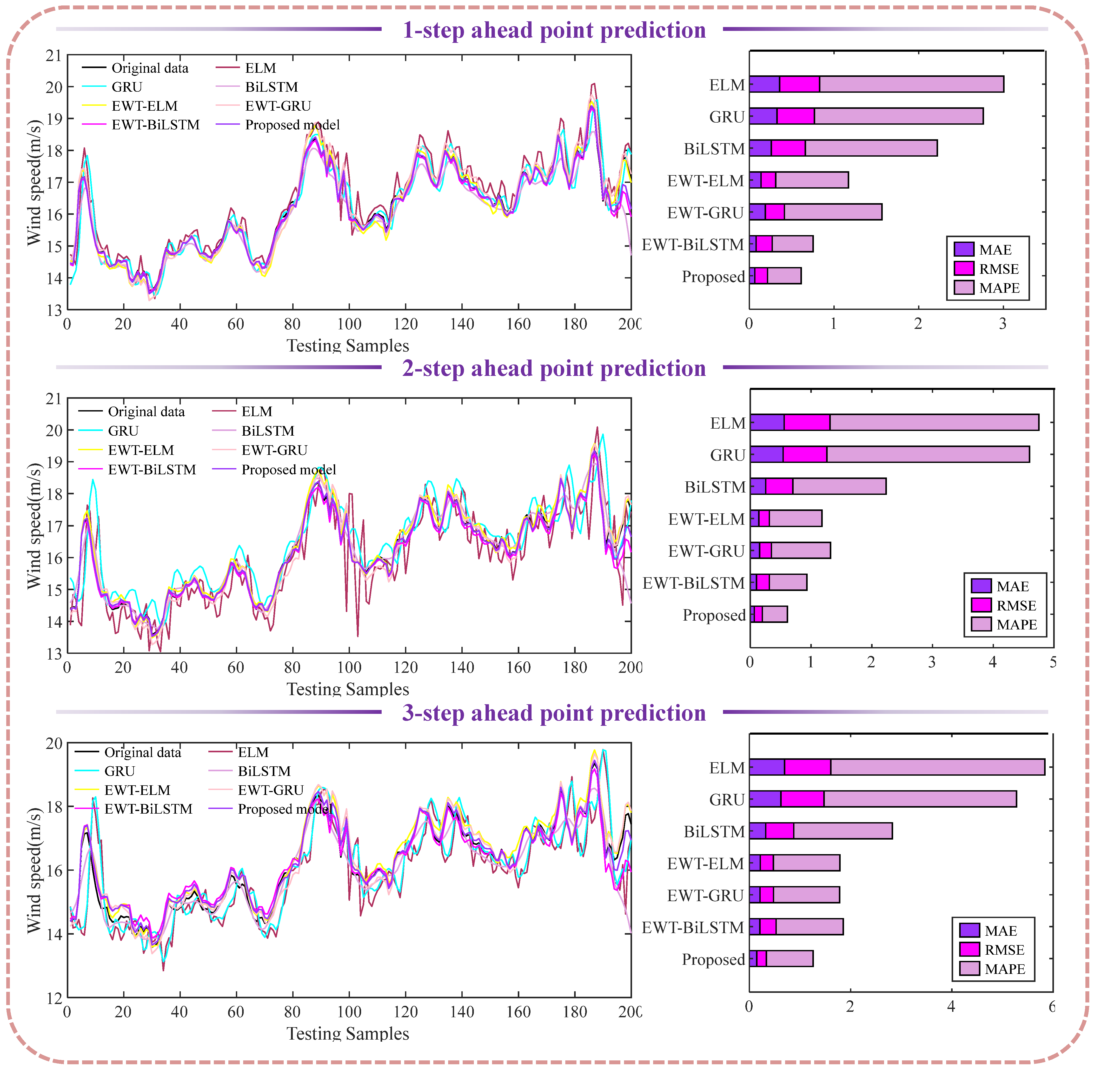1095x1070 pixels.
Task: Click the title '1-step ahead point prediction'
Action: [554, 30]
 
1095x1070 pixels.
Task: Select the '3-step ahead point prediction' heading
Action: [554, 713]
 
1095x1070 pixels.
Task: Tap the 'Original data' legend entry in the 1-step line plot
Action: [150, 68]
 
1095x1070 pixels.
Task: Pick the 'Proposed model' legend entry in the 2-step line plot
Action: [288, 470]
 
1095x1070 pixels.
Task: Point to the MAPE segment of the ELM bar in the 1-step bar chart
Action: [911, 84]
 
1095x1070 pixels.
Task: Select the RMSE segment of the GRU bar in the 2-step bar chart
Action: [804, 455]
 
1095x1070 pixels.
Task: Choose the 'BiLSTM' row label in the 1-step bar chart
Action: [714, 149]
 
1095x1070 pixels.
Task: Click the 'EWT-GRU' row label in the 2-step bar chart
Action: [706, 551]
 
